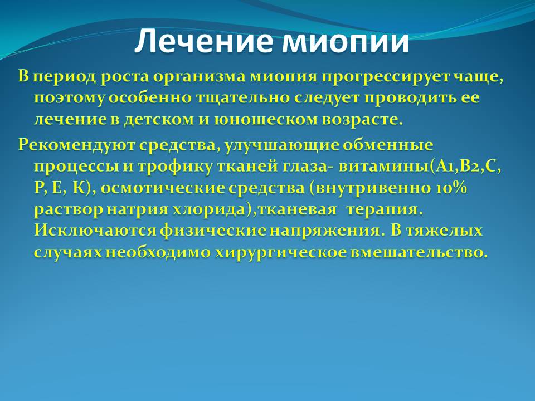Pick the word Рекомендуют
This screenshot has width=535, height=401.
[76, 145]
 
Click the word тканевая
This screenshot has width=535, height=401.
[297, 210]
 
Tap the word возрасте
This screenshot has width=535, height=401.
[358, 120]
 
